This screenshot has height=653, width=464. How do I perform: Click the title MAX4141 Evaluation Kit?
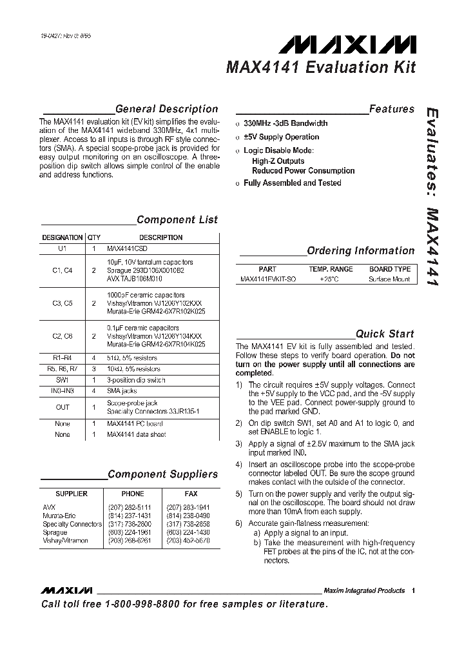(320, 67)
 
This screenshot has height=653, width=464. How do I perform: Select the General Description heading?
(166, 109)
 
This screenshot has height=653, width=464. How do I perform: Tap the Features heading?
(391, 109)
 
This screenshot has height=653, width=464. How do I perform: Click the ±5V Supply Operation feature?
(281, 137)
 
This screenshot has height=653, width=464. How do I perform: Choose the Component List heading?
(177, 219)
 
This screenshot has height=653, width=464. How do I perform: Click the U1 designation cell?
(62, 248)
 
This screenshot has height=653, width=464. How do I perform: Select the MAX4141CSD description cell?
(131, 248)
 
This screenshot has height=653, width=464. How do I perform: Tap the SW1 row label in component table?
(62, 380)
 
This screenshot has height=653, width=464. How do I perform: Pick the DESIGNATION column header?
(63, 237)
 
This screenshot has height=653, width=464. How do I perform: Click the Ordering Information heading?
(360, 250)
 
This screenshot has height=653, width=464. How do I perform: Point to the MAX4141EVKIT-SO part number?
(268, 279)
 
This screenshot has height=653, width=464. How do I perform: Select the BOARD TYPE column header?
(389, 269)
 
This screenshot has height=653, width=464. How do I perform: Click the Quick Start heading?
(385, 334)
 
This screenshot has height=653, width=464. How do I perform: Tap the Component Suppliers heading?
(162, 474)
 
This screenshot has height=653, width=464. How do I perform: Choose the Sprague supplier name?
(55, 533)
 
